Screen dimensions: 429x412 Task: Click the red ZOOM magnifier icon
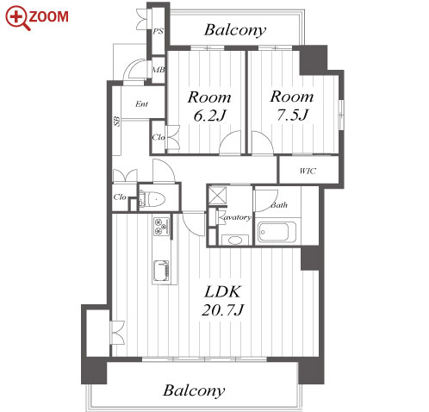pyautogui.click(x=17, y=18)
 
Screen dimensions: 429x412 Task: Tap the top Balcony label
pyautogui.click(x=235, y=30)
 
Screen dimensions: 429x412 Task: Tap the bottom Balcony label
pyautogui.click(x=194, y=390)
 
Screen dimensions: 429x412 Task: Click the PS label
pyautogui.click(x=158, y=31)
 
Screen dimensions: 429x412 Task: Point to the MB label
pyautogui.click(x=159, y=70)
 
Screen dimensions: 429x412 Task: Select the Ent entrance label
pyautogui.click(x=142, y=103)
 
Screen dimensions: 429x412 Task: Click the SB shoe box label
pyautogui.click(x=116, y=122)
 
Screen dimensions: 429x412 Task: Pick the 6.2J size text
pyautogui.click(x=210, y=115)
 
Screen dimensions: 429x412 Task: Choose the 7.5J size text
pyautogui.click(x=292, y=115)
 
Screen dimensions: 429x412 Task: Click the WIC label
pyautogui.click(x=308, y=171)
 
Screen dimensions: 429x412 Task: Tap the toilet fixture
pyautogui.click(x=152, y=198)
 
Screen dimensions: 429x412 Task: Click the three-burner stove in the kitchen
pyautogui.click(x=161, y=226)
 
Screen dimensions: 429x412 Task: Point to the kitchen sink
pyautogui.click(x=161, y=272)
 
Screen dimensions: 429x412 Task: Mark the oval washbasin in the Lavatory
pyautogui.click(x=234, y=240)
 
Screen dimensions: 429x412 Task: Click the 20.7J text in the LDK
pyautogui.click(x=223, y=310)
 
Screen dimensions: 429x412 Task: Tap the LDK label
pyautogui.click(x=223, y=292)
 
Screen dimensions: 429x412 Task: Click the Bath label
pyautogui.click(x=279, y=205)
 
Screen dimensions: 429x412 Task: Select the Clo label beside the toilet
pyautogui.click(x=120, y=197)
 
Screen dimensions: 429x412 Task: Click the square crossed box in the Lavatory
pyautogui.click(x=217, y=196)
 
